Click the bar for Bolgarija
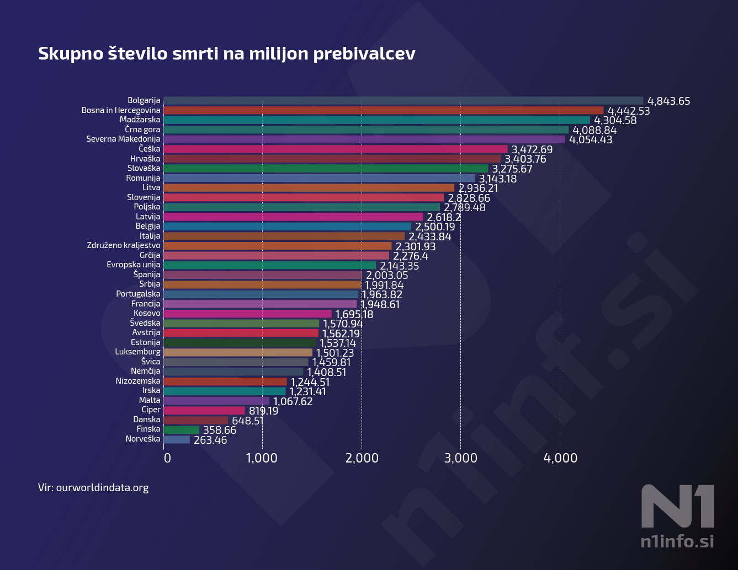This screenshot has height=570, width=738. point(403,101)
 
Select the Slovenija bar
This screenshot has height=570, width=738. point(304,197)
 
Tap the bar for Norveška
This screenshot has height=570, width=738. point(177,439)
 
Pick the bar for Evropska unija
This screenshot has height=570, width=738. point(269,265)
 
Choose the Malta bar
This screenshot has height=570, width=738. point(216,401)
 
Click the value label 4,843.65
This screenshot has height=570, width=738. point(668,101)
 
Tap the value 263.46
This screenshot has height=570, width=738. point(210,440)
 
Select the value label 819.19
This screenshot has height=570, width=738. point(263,411)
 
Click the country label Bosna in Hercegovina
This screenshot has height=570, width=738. point(121,110)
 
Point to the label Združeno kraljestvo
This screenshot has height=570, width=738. point(124,245)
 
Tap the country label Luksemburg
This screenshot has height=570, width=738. point(137,352)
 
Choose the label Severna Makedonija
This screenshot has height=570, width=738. point(123,139)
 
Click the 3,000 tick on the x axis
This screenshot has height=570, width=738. point(461,458)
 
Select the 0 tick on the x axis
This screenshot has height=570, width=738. point(167,458)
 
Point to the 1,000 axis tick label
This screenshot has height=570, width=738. point(262,458)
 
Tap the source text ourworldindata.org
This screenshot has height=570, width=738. point(102,488)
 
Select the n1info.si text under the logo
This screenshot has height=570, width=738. point(677,541)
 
